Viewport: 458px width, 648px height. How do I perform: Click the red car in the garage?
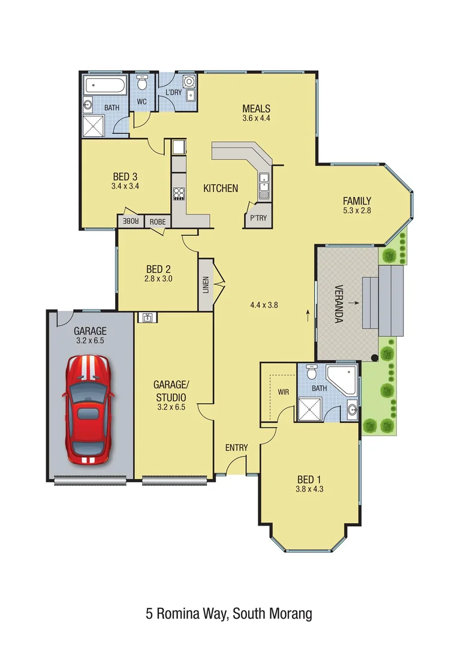point(88,409)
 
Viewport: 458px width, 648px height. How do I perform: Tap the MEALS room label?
point(256,109)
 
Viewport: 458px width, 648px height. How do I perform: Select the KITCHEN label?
point(221,188)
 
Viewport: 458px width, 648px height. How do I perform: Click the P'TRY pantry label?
point(259,218)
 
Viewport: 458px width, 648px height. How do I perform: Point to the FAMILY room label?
point(357,201)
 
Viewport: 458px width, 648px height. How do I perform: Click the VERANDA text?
point(338,304)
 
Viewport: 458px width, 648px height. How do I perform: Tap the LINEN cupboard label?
point(206,285)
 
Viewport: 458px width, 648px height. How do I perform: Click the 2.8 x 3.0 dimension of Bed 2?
point(158,278)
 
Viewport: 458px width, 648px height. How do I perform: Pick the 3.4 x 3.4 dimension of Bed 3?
point(125,187)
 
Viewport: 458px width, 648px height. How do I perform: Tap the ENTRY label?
point(236,448)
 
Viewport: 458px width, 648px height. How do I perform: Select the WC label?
point(141,102)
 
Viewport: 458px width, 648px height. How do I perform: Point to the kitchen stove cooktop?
point(179,193)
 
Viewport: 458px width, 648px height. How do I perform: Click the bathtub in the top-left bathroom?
point(105,85)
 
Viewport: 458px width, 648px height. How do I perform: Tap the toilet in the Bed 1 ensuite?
point(311,372)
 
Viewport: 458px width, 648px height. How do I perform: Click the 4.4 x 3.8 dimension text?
point(264,305)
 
